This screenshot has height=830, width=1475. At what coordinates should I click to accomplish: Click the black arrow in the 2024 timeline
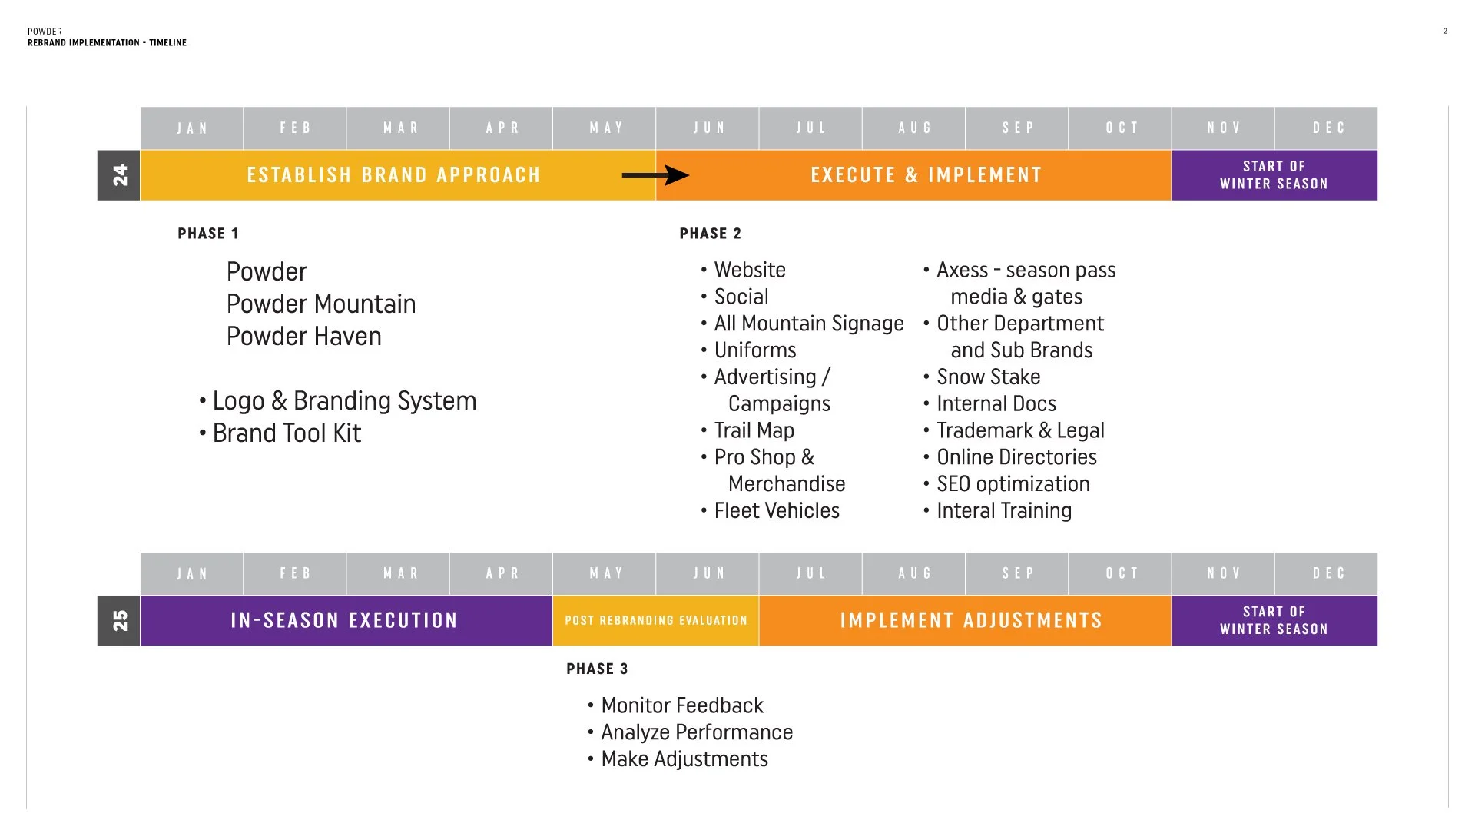[x=655, y=175]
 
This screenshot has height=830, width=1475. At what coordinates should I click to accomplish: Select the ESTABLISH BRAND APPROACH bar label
[x=393, y=175]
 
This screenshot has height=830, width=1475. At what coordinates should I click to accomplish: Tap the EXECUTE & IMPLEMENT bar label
[x=926, y=175]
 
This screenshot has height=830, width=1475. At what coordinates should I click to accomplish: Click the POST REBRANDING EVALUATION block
[x=655, y=620]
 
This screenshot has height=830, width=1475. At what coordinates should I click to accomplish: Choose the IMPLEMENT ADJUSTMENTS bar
[x=970, y=620]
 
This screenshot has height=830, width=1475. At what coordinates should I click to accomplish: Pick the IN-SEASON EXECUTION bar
[x=344, y=620]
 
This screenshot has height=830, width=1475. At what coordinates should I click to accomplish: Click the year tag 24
[x=119, y=175]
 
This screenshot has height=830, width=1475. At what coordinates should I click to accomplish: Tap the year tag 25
[x=119, y=620]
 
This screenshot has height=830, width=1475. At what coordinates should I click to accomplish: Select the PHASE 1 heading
[x=208, y=234]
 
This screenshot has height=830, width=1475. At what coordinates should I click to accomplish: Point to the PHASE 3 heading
[x=597, y=669]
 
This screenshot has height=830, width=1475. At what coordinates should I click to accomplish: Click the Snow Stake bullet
[x=988, y=377]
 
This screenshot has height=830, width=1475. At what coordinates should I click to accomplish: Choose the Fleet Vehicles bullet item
[x=776, y=511]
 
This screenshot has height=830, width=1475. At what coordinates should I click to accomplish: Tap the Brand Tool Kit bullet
[x=286, y=433]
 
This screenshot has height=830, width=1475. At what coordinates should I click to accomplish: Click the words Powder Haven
[x=303, y=337]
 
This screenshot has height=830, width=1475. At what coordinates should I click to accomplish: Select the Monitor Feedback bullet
[x=681, y=705]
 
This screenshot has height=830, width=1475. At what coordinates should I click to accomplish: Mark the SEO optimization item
[x=1013, y=484]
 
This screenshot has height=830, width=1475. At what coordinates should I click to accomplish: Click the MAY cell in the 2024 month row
[x=605, y=128]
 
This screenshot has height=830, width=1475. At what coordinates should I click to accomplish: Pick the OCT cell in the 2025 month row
[x=1120, y=573]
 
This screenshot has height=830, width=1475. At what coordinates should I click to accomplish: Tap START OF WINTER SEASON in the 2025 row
[x=1274, y=620]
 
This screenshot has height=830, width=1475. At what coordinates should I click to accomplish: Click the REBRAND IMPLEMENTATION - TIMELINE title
[x=107, y=43]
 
